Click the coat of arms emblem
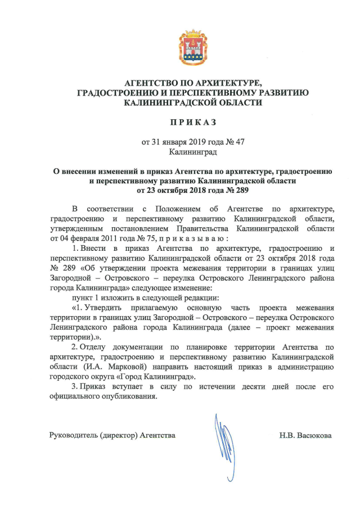click(x=193, y=48)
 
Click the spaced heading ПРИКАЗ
click(x=193, y=122)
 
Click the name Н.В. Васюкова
click(x=305, y=435)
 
